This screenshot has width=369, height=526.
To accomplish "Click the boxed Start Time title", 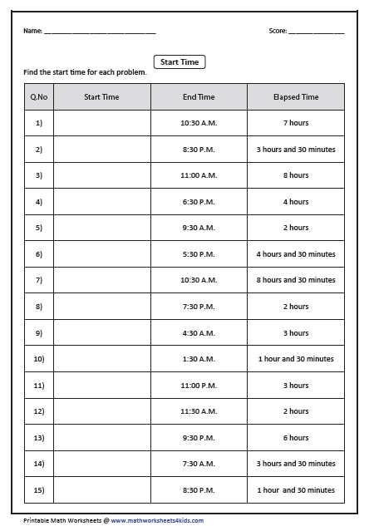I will click(180, 61).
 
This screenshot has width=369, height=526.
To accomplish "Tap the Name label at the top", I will click(32, 31).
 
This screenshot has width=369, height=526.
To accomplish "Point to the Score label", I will click(278, 31).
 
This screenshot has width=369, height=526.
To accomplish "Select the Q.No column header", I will click(38, 97).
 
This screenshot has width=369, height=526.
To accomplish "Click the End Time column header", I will click(199, 97).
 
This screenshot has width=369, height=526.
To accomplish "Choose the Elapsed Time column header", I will click(295, 97).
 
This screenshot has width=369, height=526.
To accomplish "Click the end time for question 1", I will click(199, 123).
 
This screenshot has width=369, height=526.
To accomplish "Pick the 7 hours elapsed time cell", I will click(295, 123).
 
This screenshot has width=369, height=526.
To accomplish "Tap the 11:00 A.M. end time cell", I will click(199, 175).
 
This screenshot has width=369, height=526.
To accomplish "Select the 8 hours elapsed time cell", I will click(295, 175).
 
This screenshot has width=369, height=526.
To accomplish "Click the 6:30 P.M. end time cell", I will click(199, 202).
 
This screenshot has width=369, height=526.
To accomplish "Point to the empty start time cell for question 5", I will click(101, 228).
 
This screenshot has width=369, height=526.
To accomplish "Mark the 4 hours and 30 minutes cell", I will click(295, 254).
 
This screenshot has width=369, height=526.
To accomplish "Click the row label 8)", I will click(38, 307).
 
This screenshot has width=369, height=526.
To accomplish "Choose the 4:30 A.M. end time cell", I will click(199, 333).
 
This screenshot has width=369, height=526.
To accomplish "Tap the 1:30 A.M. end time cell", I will click(199, 359).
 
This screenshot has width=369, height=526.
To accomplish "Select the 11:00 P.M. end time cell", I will click(199, 386).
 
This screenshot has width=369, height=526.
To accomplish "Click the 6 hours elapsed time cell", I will click(295, 438).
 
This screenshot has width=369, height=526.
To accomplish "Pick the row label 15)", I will click(38, 490).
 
